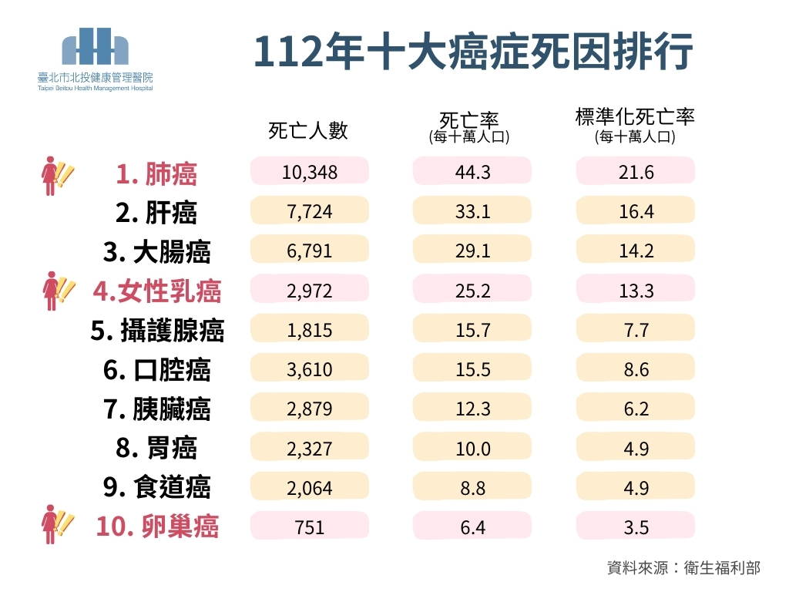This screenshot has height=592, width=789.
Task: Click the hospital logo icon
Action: coord(95,48)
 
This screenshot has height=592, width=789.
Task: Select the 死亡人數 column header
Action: coord(308,130)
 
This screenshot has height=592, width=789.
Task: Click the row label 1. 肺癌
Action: coord(156,173)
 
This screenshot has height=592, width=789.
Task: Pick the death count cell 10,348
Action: coord(310,171)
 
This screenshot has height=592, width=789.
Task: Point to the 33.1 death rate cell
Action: coord(472,211)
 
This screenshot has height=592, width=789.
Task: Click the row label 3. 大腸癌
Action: coord(156,252)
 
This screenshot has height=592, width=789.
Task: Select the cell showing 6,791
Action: coord(310,251)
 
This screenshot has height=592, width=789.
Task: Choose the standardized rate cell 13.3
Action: coord(636,291)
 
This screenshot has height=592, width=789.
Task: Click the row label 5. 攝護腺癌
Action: coord(157,331)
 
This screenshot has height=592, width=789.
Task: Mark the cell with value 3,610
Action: coord(310,370)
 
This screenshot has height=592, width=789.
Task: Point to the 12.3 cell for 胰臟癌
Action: coord(472,409)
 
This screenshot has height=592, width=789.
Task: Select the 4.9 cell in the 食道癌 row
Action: coord(636,488)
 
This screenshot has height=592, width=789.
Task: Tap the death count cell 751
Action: coord(310,527)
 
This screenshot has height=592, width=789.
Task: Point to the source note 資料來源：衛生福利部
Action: coord(683,568)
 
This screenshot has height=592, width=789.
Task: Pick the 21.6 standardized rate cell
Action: coord(636,171)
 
